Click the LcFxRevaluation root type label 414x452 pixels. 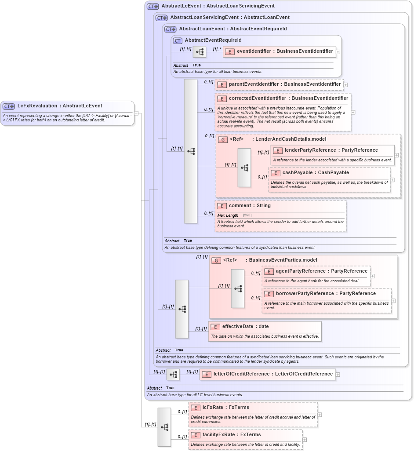click(60, 106)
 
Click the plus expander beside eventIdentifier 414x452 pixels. click(338, 51)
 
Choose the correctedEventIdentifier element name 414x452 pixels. click(288, 98)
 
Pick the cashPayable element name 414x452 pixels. click(316, 173)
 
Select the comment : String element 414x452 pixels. click(250, 206)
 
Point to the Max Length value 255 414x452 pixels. click(247, 215)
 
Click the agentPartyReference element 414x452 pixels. click(321, 271)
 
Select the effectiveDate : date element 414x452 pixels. click(245, 327)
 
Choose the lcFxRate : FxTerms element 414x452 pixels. click(225, 408)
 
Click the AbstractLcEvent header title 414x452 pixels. click(218, 6)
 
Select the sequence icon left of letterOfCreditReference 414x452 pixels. click(173, 375)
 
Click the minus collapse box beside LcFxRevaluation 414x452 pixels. click(136, 113)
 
